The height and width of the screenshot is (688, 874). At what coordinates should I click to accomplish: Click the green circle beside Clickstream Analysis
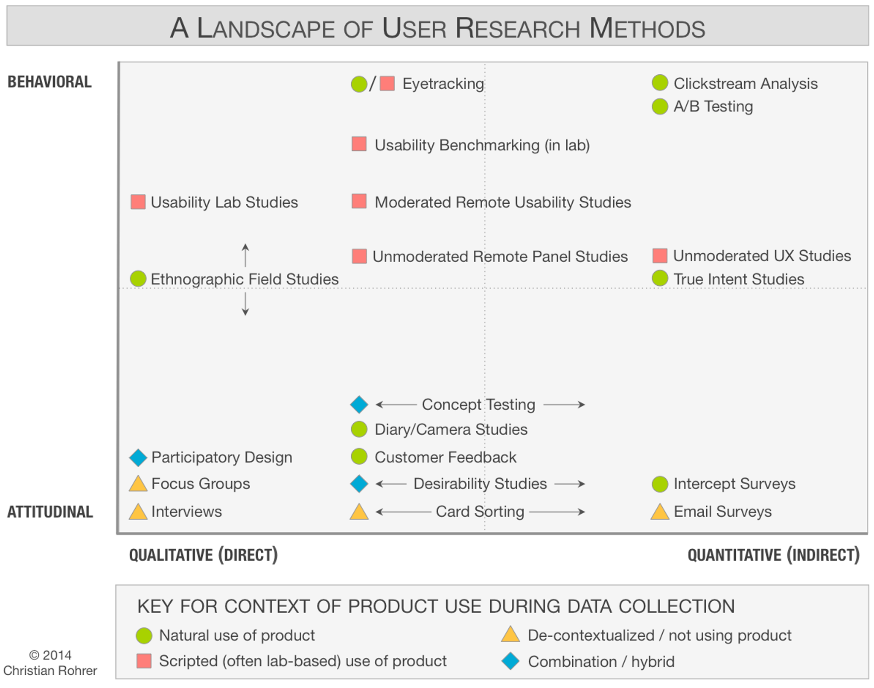[660, 83]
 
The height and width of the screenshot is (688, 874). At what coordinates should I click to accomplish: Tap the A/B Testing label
[713, 106]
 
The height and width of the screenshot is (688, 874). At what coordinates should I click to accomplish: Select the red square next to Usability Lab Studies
[138, 202]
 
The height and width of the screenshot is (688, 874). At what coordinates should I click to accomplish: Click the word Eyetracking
[443, 84]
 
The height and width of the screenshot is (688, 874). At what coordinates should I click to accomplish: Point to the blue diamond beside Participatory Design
[138, 457]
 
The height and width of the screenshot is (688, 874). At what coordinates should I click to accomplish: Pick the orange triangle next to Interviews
[138, 512]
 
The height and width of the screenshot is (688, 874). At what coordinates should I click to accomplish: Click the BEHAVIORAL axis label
[50, 82]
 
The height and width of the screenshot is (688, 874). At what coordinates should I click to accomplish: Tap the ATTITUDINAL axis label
[50, 512]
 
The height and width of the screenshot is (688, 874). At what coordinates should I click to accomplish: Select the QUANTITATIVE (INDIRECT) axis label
[773, 555]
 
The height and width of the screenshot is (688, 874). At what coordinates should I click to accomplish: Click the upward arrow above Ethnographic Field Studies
[245, 255]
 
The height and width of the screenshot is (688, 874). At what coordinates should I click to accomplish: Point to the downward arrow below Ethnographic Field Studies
[245, 304]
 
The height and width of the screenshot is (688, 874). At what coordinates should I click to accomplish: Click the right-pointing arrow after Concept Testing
[564, 404]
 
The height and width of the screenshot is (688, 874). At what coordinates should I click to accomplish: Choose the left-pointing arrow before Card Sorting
[403, 512]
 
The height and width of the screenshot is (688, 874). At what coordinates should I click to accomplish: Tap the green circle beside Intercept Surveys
[660, 484]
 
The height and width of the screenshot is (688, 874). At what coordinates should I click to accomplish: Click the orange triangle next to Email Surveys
[660, 512]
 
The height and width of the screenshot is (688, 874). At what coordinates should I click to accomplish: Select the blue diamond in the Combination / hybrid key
[510, 661]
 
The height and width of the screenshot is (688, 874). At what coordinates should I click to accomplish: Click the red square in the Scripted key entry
[144, 661]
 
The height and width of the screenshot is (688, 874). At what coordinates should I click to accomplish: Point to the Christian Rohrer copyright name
[50, 670]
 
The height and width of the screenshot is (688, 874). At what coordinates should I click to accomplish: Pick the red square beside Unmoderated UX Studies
[660, 256]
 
